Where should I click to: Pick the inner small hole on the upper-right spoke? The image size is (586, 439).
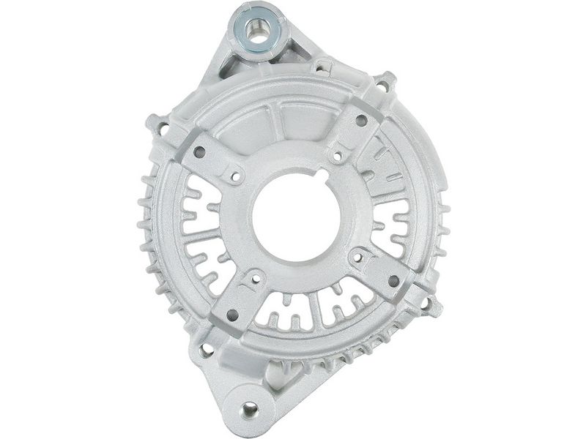point(336,156)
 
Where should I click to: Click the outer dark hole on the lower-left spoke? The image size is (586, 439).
point(233,314)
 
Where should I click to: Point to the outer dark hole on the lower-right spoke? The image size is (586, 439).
point(393,280)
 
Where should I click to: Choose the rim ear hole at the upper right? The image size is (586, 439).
point(380,86)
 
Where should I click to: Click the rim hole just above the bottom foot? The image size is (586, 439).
point(208,350)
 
